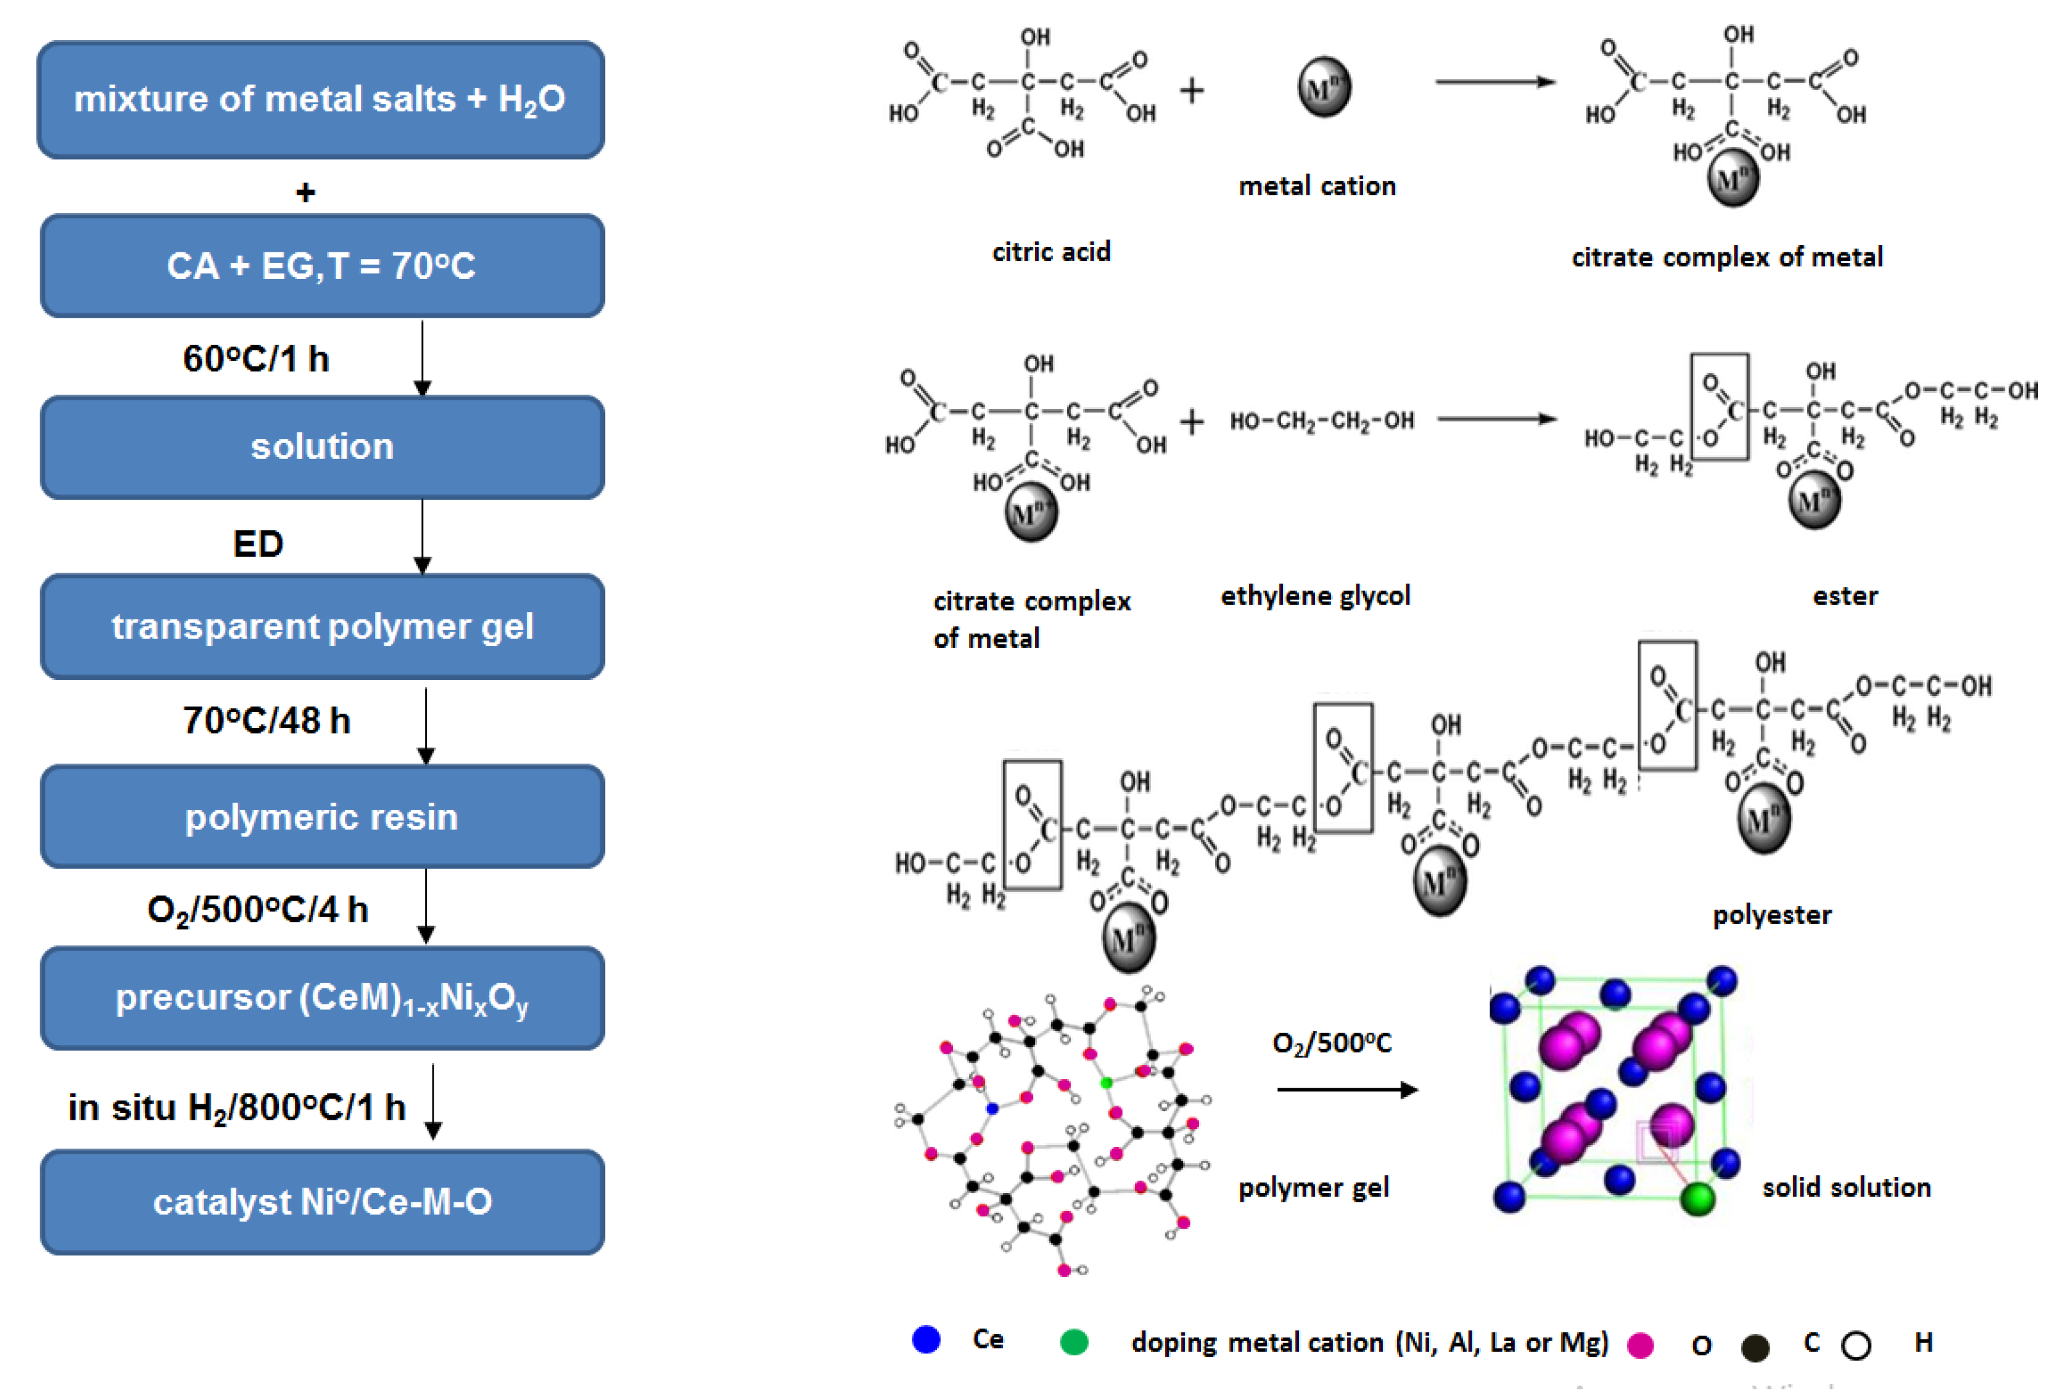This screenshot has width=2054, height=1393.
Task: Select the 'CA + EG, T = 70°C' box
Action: coord(322,266)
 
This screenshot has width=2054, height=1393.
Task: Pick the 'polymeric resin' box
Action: coord(322,817)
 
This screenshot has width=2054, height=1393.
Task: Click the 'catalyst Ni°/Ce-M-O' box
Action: coord(322,1202)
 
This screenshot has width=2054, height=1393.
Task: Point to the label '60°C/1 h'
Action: coord(255,359)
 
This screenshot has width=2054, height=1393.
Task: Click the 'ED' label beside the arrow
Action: coord(257,544)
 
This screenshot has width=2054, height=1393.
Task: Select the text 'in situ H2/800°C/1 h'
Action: coord(236,1107)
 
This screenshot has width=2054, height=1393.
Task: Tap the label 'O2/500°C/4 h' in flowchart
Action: coord(257,909)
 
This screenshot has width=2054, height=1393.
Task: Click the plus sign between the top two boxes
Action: coord(305,192)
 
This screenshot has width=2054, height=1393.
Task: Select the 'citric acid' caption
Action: coord(1051,252)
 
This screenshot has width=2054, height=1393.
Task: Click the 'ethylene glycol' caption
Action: coord(1315,596)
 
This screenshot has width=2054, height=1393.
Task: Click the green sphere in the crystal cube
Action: coord(1696,1199)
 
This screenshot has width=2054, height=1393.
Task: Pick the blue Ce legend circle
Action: coord(925,1340)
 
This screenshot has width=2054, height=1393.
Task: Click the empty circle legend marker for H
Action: coord(1856,1345)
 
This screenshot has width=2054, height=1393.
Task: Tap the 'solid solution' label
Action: coord(1846,1187)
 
